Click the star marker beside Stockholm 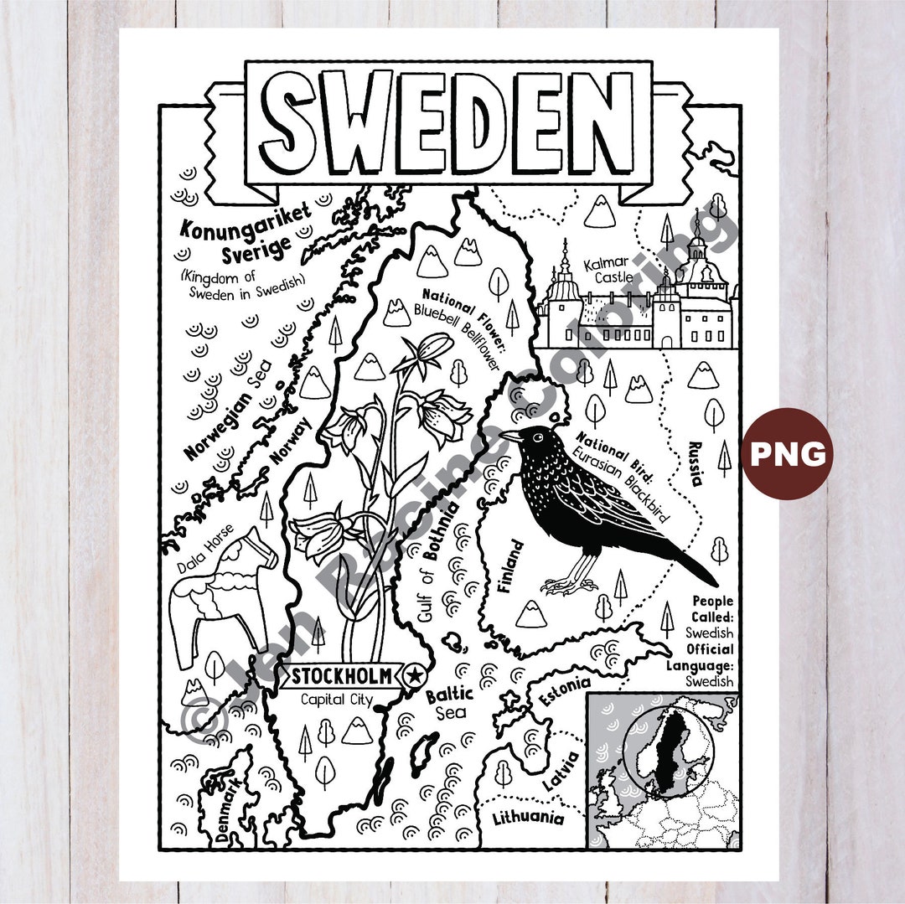(x=413, y=675)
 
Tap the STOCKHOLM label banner (x=344, y=676)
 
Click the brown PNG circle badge (x=787, y=453)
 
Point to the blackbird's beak (x=509, y=436)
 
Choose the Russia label (x=695, y=463)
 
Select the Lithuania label (x=528, y=818)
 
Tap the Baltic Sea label (x=450, y=704)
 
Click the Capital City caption (x=338, y=700)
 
